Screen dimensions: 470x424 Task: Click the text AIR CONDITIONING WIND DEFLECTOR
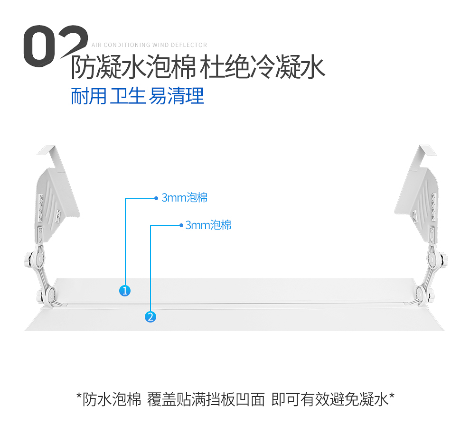(149, 45)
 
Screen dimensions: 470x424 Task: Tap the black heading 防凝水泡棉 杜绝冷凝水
(198, 68)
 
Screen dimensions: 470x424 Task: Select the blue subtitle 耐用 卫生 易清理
(137, 96)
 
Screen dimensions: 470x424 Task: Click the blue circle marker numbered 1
(125, 290)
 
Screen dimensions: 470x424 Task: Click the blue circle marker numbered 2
(150, 316)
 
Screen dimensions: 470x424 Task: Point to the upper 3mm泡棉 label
(185, 198)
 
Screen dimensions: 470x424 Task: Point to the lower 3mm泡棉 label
(208, 225)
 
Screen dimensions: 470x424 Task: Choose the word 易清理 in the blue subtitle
(177, 96)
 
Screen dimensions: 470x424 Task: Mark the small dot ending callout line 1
(156, 198)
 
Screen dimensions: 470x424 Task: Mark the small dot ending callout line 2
(181, 225)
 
